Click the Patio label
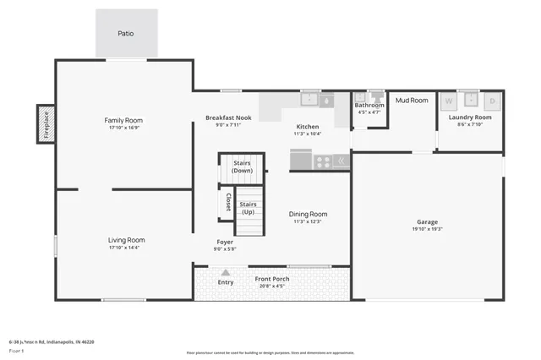(125, 34)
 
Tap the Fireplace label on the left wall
(45, 124)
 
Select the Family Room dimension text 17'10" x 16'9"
(123, 128)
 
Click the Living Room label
(126, 239)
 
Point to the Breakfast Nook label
(228, 117)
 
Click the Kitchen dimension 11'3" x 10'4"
(307, 134)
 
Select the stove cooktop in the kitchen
(322, 160)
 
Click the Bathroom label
(369, 105)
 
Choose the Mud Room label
(412, 100)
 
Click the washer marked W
(449, 101)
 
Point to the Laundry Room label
(469, 117)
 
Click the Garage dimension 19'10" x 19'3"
(427, 228)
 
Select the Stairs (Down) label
(242, 166)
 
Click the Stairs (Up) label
(248, 208)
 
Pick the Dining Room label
(308, 214)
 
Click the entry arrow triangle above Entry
(225, 272)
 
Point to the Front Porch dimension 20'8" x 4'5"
(271, 286)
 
